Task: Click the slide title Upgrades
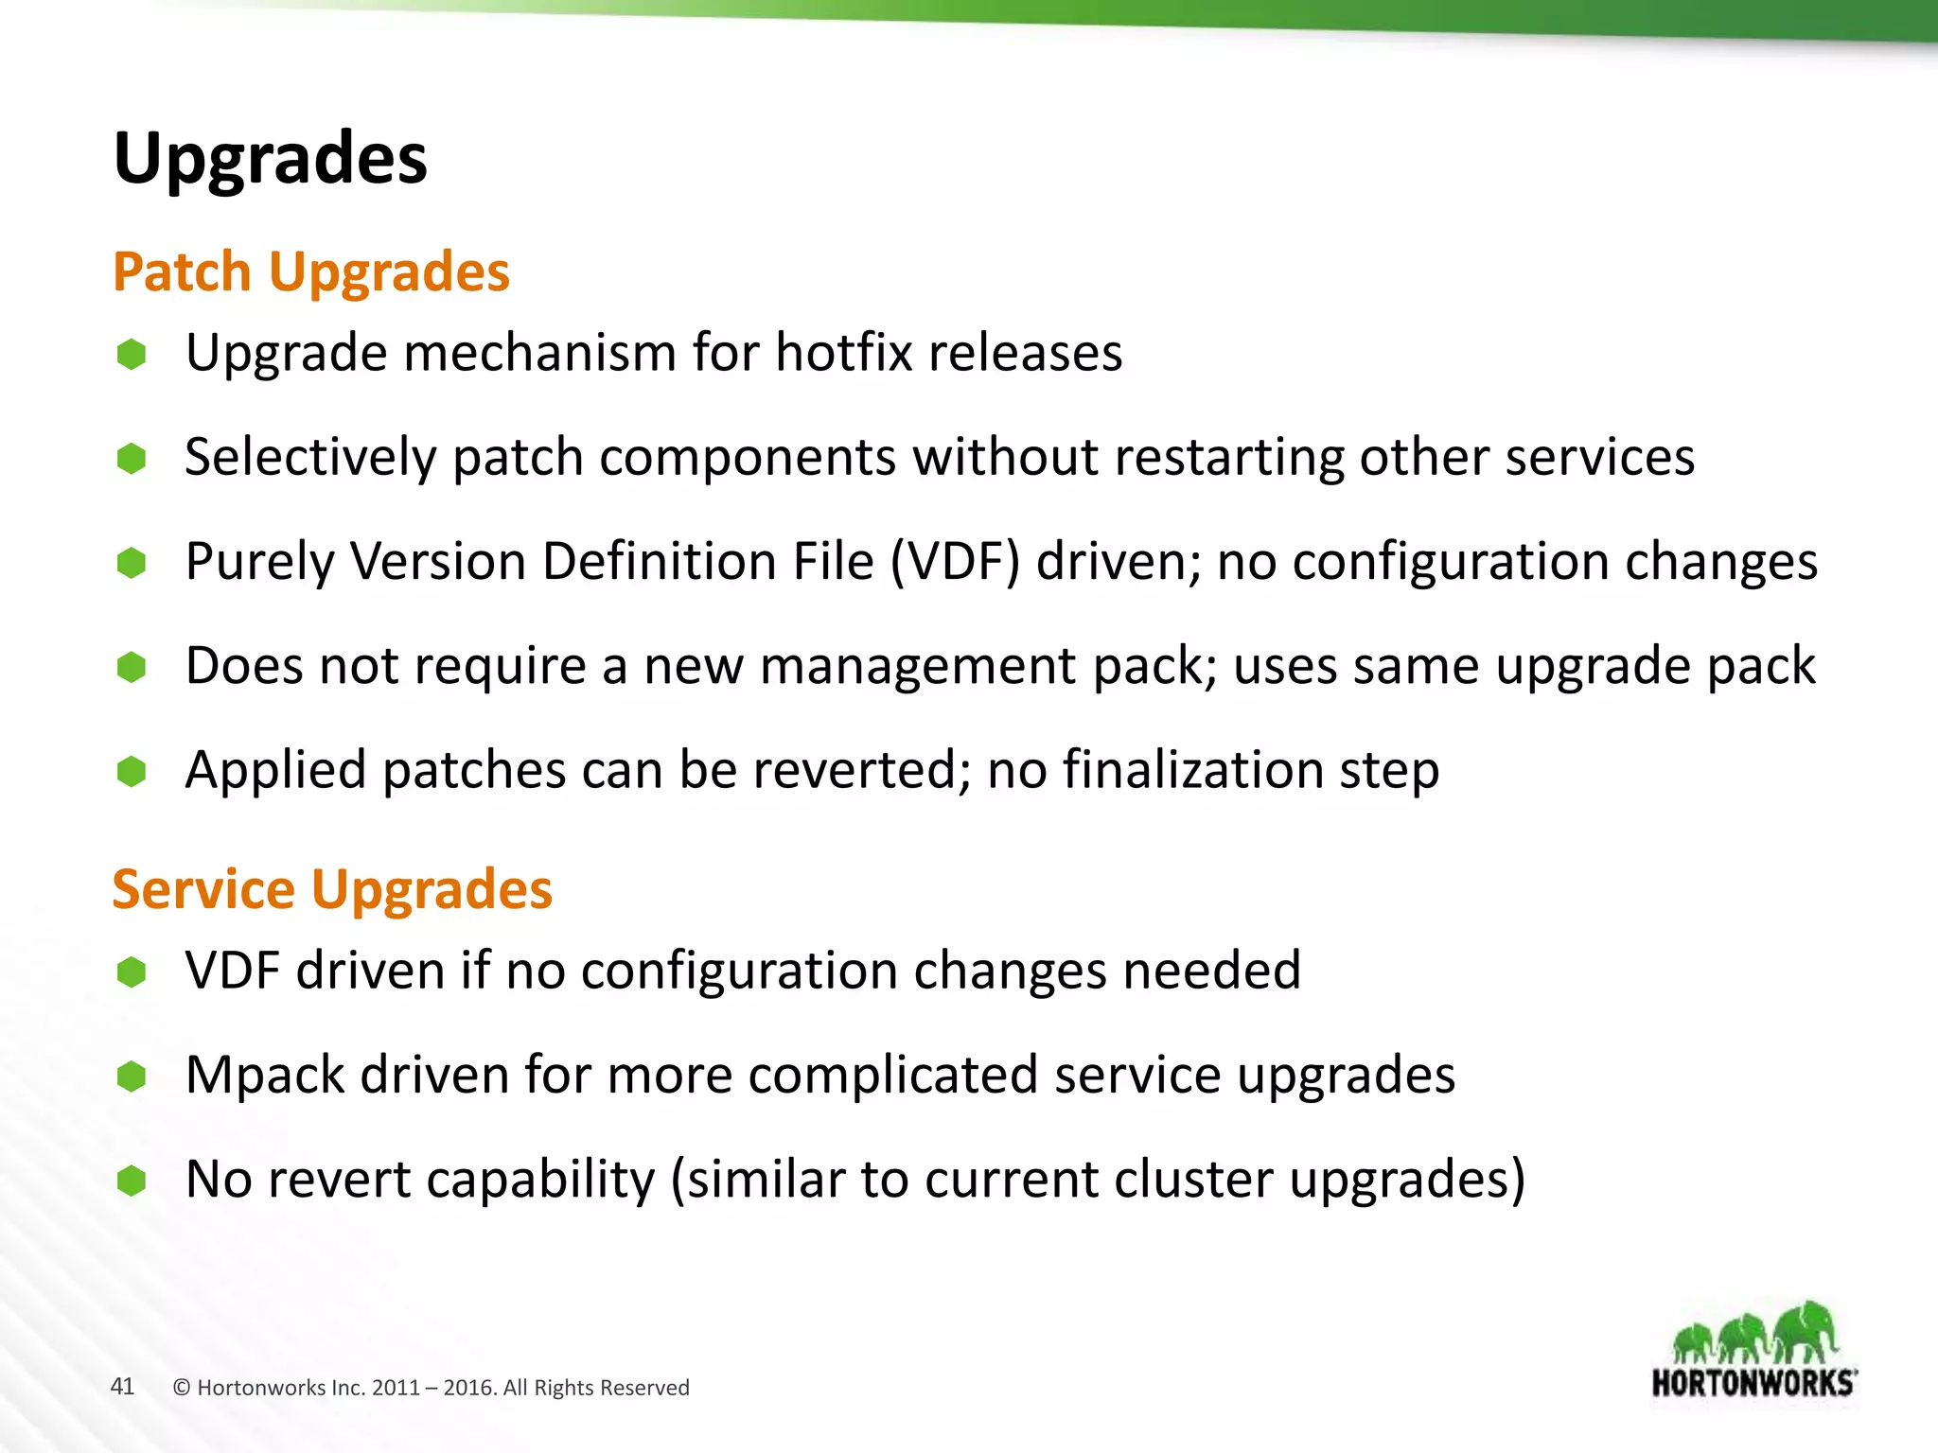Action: point(270,159)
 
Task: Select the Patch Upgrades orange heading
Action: point(310,272)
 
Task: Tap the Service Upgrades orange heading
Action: point(331,889)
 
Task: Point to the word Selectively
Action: point(310,458)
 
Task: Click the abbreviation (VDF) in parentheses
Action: point(954,562)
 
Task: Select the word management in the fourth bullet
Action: point(916,666)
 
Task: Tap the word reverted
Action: point(861,770)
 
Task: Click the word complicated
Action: point(892,1076)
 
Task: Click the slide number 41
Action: point(122,1387)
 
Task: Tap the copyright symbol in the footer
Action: point(182,1388)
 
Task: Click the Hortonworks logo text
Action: point(1753,1383)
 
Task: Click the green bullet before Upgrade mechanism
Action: point(132,355)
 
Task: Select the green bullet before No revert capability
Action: point(132,1181)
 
